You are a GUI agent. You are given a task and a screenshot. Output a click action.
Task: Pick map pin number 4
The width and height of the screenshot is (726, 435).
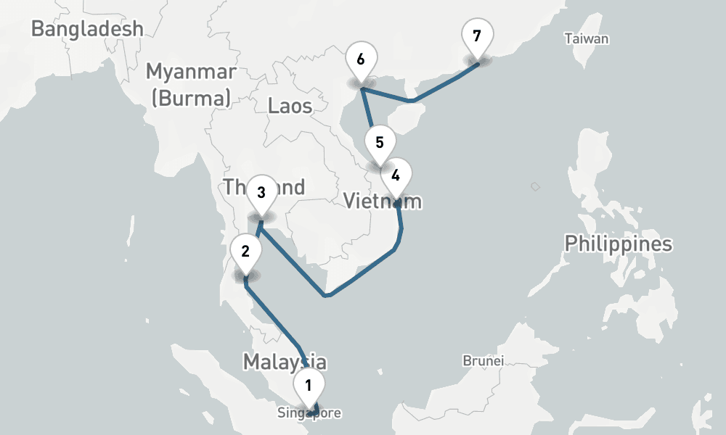396,176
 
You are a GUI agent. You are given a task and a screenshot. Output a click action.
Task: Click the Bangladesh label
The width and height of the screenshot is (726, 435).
87,29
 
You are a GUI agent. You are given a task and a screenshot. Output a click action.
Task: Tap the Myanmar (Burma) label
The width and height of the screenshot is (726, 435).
191,84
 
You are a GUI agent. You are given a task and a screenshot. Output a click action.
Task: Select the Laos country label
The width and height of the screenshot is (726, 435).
290,107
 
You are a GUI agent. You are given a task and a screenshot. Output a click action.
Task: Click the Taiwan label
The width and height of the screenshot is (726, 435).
587,39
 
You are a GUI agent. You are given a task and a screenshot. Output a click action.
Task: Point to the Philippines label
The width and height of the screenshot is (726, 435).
619,244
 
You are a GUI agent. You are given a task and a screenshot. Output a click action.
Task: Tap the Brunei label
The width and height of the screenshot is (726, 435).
484,360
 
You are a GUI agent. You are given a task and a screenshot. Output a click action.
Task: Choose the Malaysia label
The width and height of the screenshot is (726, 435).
284,361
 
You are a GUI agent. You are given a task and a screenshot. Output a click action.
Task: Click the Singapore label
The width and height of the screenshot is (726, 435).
309,413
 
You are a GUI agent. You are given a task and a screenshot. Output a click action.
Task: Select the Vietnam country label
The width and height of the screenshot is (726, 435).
382,201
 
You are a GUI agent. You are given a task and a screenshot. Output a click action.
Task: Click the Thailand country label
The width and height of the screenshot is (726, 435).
264,187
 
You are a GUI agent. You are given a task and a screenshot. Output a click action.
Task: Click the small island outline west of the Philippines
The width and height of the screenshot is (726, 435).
535,187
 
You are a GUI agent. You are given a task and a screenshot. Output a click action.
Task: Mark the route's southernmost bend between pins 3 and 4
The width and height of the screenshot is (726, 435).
327,295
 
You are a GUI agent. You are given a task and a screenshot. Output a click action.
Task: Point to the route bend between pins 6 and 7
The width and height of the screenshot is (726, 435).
412,100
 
